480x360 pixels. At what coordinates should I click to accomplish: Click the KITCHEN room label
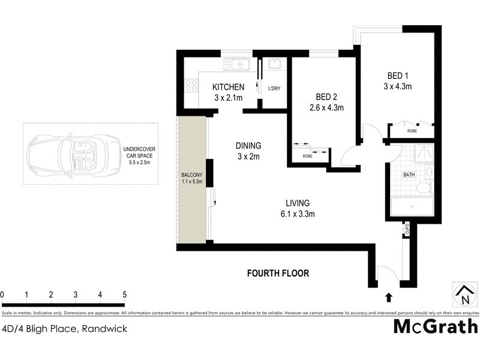click(227, 88)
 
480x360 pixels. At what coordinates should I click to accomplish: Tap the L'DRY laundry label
click(274, 89)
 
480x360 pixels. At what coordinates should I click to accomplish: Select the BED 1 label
click(398, 76)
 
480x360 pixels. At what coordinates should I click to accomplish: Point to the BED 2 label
click(326, 98)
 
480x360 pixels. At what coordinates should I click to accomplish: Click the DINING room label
click(248, 145)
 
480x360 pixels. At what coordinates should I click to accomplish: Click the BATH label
click(409, 175)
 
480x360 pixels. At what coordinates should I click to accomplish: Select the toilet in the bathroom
click(424, 188)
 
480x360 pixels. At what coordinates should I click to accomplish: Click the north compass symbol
click(464, 294)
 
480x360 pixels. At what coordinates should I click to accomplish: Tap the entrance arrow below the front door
click(388, 296)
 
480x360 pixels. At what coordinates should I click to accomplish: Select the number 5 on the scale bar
click(124, 295)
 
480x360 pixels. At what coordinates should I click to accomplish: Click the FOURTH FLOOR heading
click(278, 274)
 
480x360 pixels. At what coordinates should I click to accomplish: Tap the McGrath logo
click(436, 326)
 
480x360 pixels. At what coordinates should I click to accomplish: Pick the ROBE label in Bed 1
click(412, 130)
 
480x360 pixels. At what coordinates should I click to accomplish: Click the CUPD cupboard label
click(406, 229)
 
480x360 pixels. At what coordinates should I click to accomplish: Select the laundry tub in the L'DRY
click(274, 64)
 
